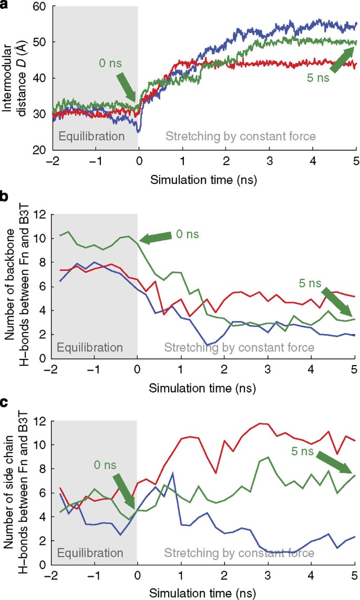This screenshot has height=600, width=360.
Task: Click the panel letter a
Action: click(4, 4)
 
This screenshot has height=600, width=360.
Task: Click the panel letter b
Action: click(4, 198)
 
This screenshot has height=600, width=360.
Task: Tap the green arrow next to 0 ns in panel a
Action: click(126, 87)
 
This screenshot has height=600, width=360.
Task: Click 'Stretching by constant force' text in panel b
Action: click(239, 347)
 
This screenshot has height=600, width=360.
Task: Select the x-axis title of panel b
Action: click(202, 389)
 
